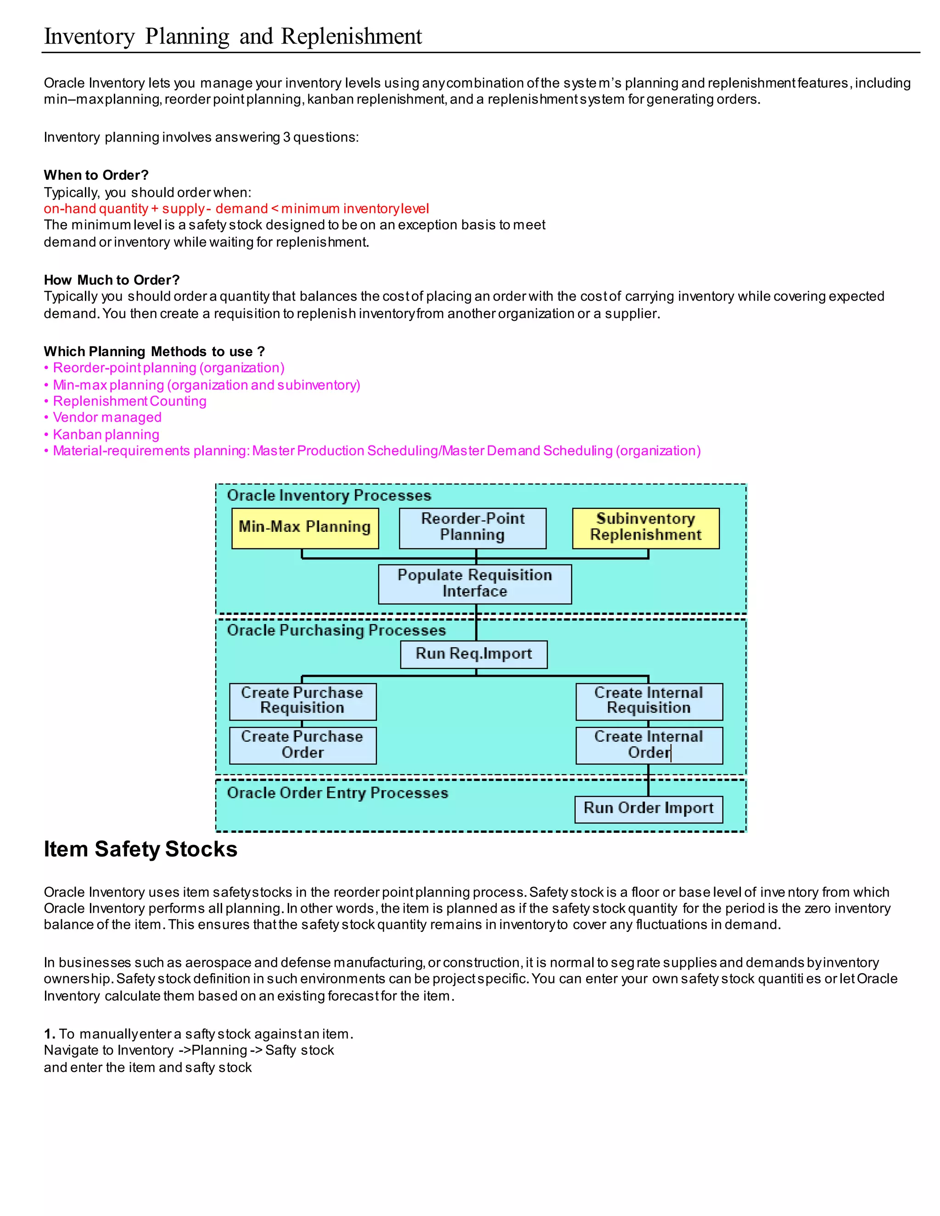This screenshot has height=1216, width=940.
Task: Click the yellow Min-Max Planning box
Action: [x=305, y=528]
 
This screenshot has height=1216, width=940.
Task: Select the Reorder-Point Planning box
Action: [x=472, y=528]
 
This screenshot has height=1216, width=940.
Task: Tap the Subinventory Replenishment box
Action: [x=645, y=528]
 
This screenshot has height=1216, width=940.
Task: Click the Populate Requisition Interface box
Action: [x=475, y=584]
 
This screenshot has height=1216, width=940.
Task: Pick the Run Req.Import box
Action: [x=473, y=654]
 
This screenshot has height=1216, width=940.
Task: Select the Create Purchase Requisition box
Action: [x=302, y=701]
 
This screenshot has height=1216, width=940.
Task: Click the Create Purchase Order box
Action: [x=302, y=745]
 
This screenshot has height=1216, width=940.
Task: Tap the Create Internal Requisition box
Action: [x=649, y=701]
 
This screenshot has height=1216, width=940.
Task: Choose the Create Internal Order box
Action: [x=649, y=745]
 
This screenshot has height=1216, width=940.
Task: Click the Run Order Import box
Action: [x=648, y=809]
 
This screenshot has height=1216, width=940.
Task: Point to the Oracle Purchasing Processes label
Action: [x=336, y=630]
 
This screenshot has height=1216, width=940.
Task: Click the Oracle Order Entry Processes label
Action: [x=337, y=793]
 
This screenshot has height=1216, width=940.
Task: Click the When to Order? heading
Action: [x=96, y=175]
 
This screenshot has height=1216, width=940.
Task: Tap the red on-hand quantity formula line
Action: [x=236, y=209]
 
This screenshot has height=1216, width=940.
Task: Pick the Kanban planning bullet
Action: [x=106, y=434]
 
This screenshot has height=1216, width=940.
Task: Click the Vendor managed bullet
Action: [x=107, y=418]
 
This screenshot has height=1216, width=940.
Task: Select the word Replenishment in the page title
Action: [x=352, y=37]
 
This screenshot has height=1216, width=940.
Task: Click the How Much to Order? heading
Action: [x=112, y=280]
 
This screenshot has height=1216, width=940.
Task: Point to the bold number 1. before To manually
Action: [x=49, y=1034]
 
